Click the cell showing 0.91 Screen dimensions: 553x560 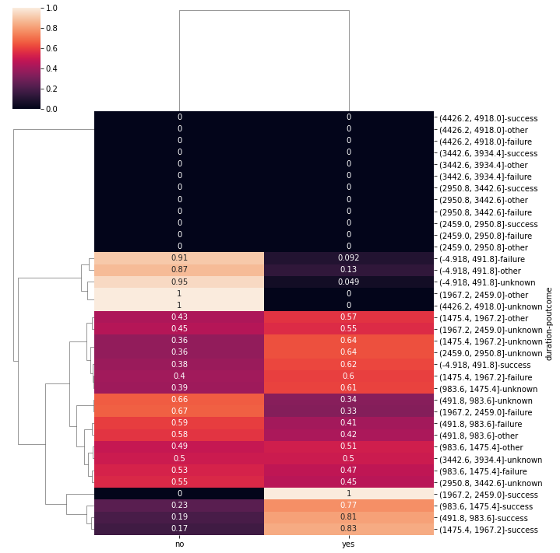pyautogui.click(x=179, y=258)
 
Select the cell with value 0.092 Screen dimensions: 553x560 pyautogui.click(x=348, y=258)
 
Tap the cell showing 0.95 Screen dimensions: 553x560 pyautogui.click(x=179, y=282)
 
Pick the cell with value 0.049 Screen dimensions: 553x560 pyautogui.click(x=348, y=282)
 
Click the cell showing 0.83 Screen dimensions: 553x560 pyautogui.click(x=348, y=529)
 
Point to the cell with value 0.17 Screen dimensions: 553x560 pyautogui.click(x=179, y=529)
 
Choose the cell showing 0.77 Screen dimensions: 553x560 pyautogui.click(x=348, y=506)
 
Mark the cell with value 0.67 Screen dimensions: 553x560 pyautogui.click(x=179, y=411)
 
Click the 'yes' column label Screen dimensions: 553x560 pyautogui.click(x=348, y=544)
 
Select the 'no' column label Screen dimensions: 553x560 pyautogui.click(x=179, y=544)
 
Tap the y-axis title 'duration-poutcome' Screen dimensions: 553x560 pyautogui.click(x=550, y=324)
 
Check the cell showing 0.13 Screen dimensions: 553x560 pyautogui.click(x=348, y=270)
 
